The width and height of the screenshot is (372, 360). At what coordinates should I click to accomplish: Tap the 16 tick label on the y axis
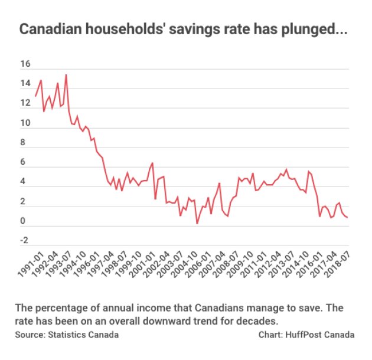point(25,64)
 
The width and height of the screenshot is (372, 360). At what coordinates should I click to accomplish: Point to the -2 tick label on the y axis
point(24,240)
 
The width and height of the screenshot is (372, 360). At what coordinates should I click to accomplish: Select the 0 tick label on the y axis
point(23,221)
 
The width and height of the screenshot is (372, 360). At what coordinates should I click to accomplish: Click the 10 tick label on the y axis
point(25,123)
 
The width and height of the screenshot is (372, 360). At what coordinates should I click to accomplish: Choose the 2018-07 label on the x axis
point(337,264)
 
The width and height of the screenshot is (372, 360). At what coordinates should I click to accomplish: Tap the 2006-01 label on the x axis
point(198,264)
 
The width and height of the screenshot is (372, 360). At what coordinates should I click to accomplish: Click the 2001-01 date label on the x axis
point(142,264)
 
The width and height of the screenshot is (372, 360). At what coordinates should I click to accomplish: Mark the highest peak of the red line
point(66,75)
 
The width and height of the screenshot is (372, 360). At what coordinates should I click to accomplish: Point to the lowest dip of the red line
point(197,223)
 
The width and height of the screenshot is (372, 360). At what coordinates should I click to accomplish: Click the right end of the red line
point(347,217)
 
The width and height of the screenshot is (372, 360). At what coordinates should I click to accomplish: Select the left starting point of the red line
point(35,96)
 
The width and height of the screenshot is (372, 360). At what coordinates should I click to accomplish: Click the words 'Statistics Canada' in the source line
point(83,335)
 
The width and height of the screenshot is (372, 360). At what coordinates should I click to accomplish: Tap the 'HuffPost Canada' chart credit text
point(320,335)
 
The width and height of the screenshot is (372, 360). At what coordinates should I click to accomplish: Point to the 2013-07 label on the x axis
point(281,264)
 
